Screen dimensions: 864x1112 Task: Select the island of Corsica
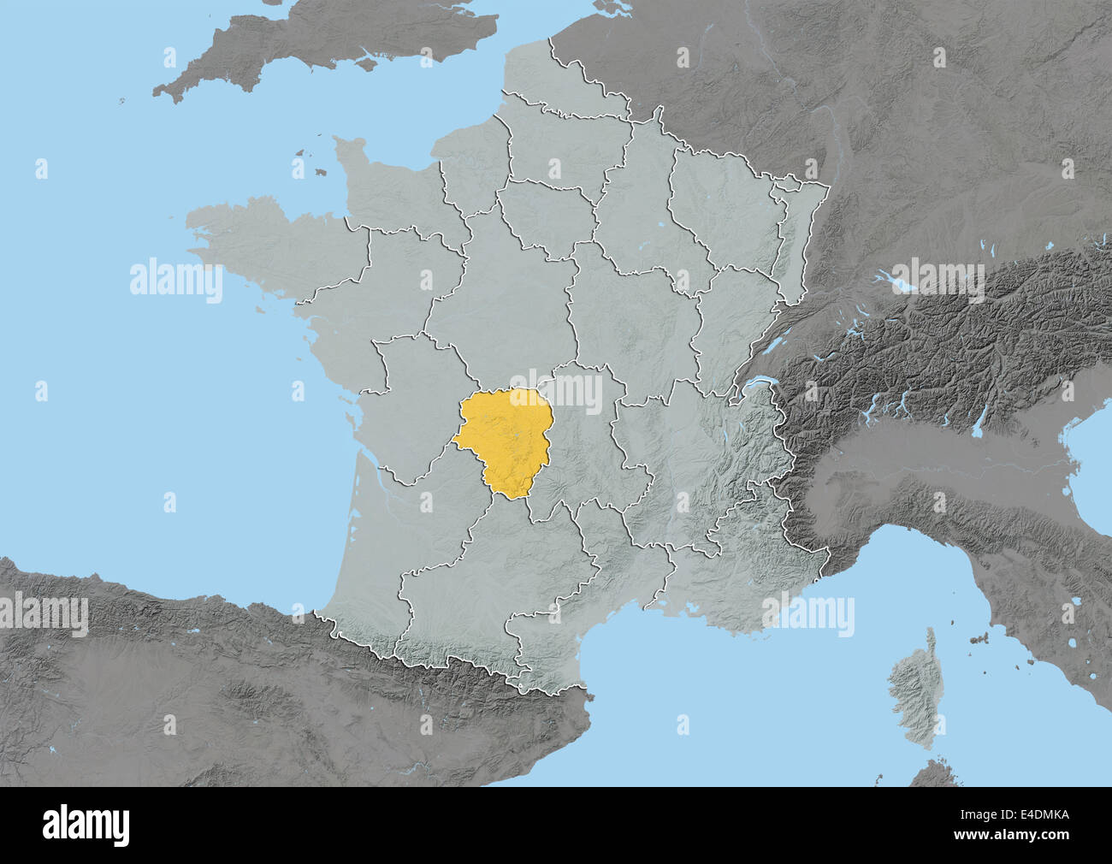pyautogui.click(x=911, y=684)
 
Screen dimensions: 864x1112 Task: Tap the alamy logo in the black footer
pyautogui.click(x=86, y=825)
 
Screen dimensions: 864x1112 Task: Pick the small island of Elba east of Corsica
pyautogui.click(x=977, y=637)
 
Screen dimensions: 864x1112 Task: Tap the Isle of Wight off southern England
pyautogui.click(x=368, y=62)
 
